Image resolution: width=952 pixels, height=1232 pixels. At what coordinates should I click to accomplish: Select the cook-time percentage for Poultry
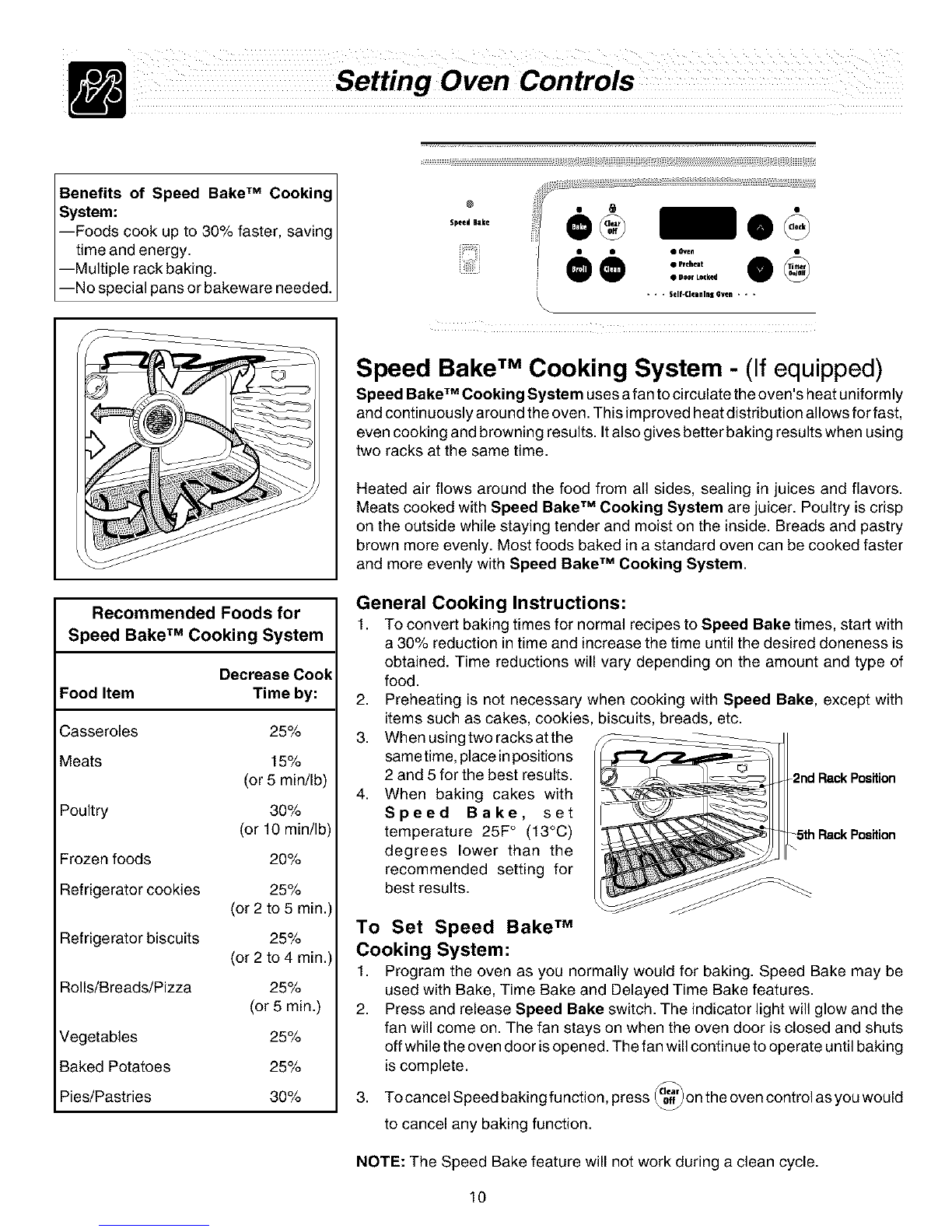click(285, 810)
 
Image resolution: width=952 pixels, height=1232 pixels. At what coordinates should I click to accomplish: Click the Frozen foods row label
click(105, 859)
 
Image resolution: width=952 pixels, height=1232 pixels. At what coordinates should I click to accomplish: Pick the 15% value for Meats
click(285, 761)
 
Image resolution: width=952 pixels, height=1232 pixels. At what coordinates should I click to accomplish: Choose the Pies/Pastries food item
click(105, 1097)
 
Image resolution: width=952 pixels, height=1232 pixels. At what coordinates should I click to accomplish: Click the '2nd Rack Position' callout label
click(844, 779)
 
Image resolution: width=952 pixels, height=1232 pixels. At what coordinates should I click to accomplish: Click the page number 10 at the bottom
click(478, 1197)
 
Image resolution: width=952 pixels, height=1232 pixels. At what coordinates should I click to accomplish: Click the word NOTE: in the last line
click(378, 1163)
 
